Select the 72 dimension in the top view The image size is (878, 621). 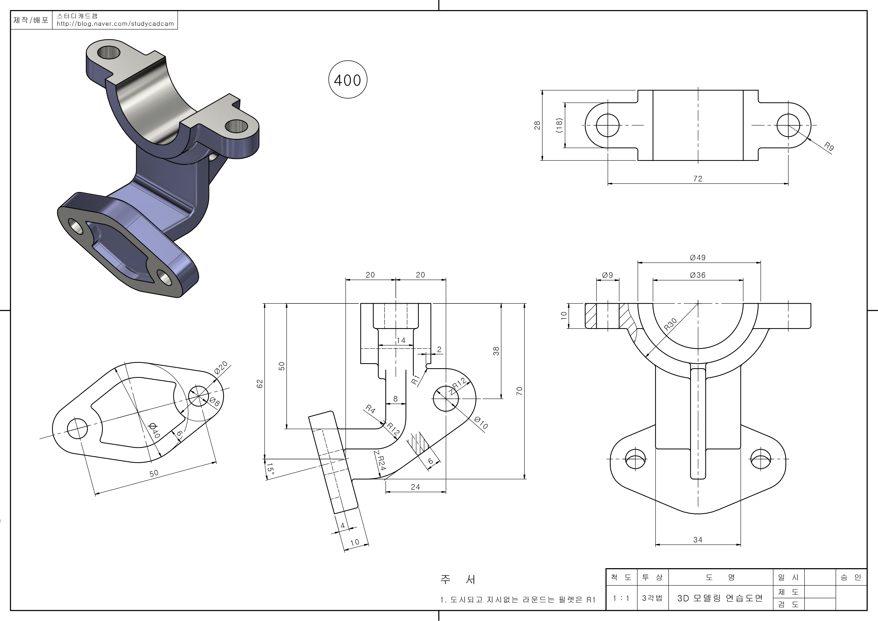point(698,179)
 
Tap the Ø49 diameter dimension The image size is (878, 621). point(698,258)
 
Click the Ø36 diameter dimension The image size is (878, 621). point(698,275)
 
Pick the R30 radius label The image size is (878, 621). point(670,324)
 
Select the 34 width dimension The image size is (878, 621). point(698,539)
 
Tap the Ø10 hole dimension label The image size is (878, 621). point(481,423)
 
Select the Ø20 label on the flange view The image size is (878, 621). point(221,367)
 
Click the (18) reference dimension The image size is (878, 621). point(559,125)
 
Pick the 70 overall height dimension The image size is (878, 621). point(519,391)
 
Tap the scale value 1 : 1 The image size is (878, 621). point(621,598)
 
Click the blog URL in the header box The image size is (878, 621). point(115,24)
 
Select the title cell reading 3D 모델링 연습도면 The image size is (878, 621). point(720,598)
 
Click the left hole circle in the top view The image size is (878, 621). point(608,125)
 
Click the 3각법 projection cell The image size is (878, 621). point(652,598)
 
